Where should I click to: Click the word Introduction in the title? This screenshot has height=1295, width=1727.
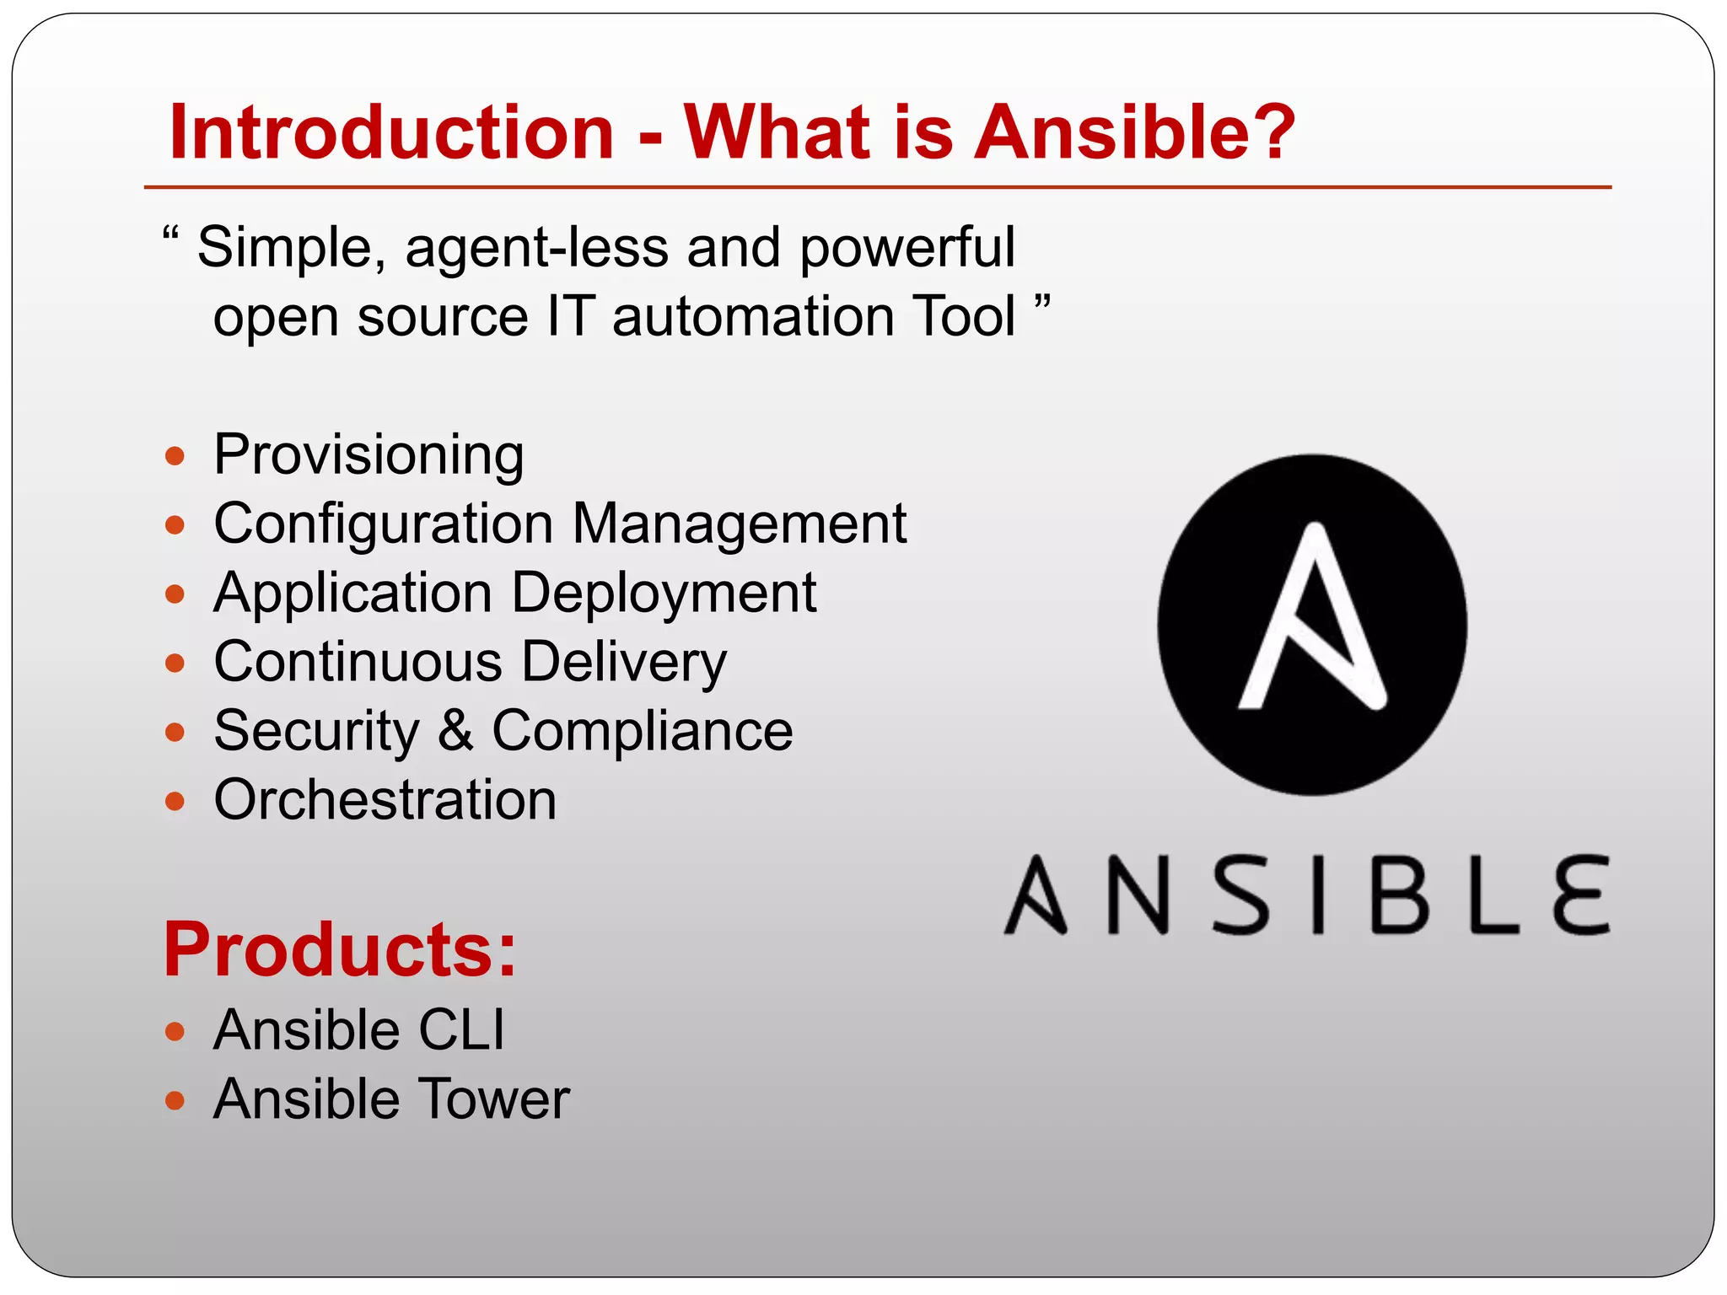coord(391,132)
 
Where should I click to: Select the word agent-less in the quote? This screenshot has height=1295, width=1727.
coord(536,250)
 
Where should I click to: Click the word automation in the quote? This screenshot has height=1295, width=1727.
coord(753,318)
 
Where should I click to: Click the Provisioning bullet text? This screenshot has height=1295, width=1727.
coord(369,456)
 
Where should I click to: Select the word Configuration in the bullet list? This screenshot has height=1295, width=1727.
coord(384,525)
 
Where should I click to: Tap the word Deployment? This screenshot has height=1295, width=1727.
coord(664,594)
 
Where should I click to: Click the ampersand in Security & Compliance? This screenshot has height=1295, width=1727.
coord(455,731)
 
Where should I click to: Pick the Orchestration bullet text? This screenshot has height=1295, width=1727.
coord(385,799)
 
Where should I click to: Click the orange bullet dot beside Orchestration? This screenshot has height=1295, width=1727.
coord(175,800)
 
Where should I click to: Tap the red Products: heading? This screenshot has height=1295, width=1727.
coord(339,950)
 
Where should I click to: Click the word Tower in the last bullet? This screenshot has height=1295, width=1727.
coord(494,1099)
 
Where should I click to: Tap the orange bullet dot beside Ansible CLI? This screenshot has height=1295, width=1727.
coord(175,1031)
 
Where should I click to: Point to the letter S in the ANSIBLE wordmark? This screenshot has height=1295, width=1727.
coord(1241,895)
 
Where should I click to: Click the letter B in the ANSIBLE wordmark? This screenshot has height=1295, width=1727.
coord(1401,895)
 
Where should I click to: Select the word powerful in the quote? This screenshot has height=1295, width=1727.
coord(907,250)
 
